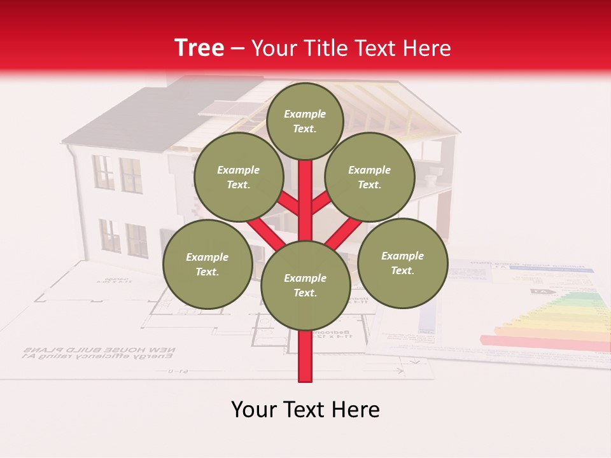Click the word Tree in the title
(199, 48)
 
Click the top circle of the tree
(305, 121)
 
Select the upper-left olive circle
(239, 177)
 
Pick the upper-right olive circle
(370, 177)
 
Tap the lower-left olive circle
(207, 264)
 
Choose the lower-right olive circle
(403, 263)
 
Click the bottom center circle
(305, 285)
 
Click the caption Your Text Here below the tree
(305, 410)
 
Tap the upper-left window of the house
(103, 172)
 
